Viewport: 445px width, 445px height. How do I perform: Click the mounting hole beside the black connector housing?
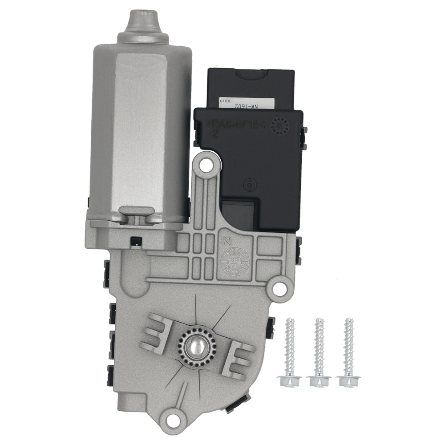tap(205, 165)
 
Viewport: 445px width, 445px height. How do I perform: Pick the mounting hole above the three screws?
tap(279, 288)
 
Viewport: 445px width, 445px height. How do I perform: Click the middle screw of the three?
tap(319, 352)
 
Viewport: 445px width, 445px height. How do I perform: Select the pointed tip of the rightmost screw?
tap(349, 320)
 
